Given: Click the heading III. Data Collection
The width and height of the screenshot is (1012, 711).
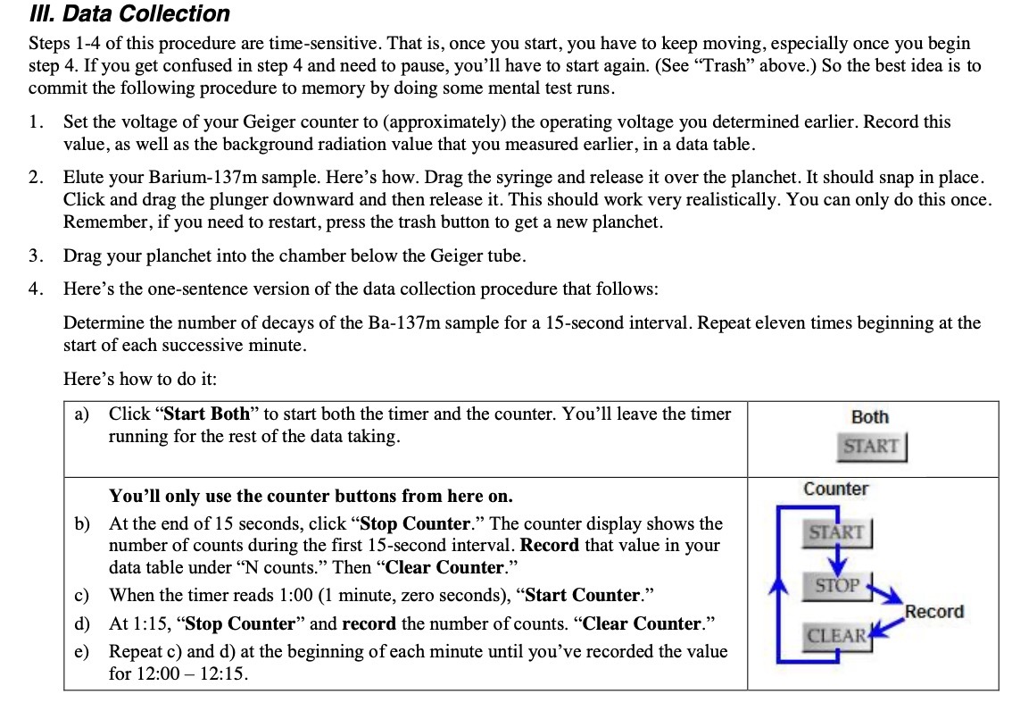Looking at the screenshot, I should click(x=129, y=14).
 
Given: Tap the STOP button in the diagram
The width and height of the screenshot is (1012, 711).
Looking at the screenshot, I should click(x=837, y=586).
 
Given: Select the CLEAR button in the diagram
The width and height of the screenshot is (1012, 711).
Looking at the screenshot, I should click(x=836, y=636).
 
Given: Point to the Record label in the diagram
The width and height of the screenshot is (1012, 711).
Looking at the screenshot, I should click(x=934, y=612).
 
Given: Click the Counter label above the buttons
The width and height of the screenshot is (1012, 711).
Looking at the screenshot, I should click(x=835, y=489).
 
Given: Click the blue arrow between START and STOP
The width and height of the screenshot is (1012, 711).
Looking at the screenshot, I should click(x=837, y=560).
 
